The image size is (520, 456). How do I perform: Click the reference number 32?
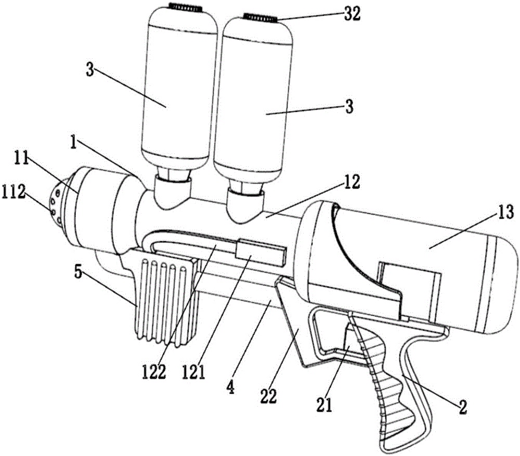pyautogui.click(x=352, y=15)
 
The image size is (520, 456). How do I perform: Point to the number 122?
pyautogui.click(x=153, y=373)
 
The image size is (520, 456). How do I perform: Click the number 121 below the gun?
pyautogui.click(x=193, y=373)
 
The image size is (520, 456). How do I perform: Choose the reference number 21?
pyautogui.click(x=324, y=405)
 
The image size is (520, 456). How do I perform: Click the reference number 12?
pyautogui.click(x=352, y=182)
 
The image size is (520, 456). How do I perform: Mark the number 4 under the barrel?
pyautogui.click(x=230, y=387)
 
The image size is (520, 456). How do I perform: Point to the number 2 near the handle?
pyautogui.click(x=462, y=406)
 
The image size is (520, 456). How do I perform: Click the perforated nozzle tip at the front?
pyautogui.click(x=58, y=202)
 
